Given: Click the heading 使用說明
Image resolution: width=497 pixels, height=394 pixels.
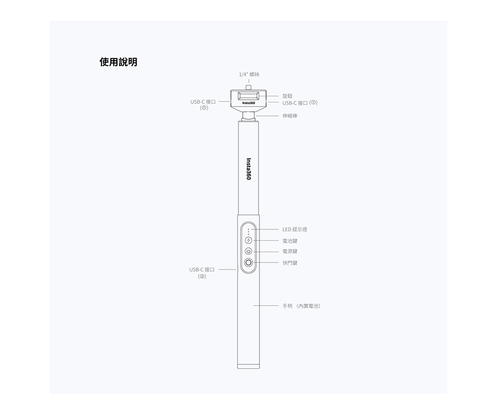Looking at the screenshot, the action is click(118, 62).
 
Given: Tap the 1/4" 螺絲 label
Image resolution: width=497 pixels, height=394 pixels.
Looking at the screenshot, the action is click(249, 74).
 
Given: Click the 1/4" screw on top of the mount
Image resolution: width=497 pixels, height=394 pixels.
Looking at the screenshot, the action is click(248, 87).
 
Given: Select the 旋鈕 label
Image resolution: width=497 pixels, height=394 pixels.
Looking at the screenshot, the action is click(287, 95).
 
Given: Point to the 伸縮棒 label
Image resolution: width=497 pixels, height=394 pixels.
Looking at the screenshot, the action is click(290, 115).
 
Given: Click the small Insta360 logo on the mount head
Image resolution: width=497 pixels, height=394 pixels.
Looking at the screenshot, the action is click(248, 103).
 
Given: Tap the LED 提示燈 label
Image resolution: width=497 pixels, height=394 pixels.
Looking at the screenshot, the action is click(294, 229).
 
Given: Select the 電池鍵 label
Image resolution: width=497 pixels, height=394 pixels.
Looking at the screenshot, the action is click(290, 241).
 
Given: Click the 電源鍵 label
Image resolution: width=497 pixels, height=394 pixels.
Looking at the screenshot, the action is click(290, 251).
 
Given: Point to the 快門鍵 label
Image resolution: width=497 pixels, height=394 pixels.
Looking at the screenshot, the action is click(290, 262).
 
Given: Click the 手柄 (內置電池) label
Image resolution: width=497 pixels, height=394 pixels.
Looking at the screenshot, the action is click(301, 306).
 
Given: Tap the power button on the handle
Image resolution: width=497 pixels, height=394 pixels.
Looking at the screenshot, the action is click(248, 251).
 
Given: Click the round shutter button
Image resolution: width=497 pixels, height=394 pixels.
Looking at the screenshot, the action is click(248, 263).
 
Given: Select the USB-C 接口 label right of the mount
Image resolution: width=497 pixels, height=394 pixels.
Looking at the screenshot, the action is click(300, 103).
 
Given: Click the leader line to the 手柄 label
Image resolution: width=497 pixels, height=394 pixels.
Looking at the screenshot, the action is click(266, 306).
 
